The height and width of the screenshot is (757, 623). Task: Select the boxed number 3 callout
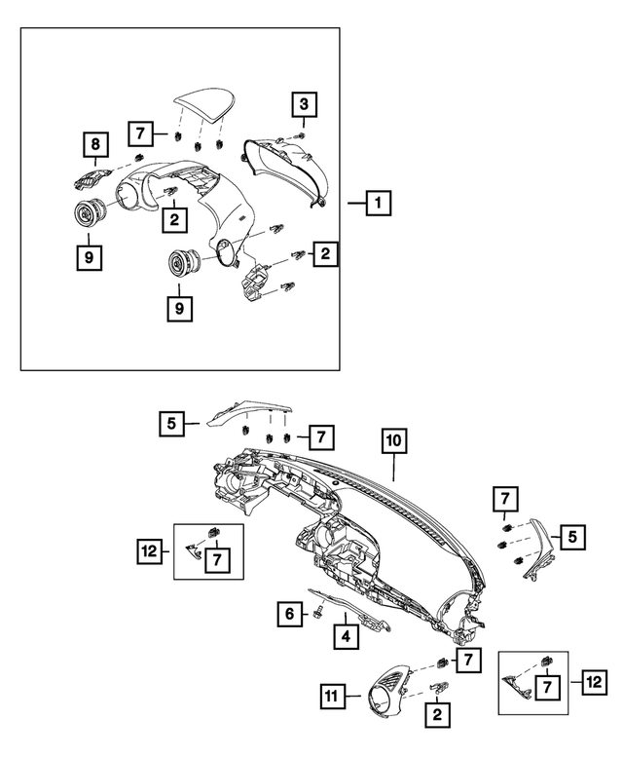(x=303, y=103)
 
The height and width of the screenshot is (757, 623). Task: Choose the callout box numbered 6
(x=289, y=615)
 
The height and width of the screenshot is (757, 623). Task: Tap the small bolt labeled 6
(x=318, y=613)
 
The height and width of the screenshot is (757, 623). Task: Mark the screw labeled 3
(x=300, y=137)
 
